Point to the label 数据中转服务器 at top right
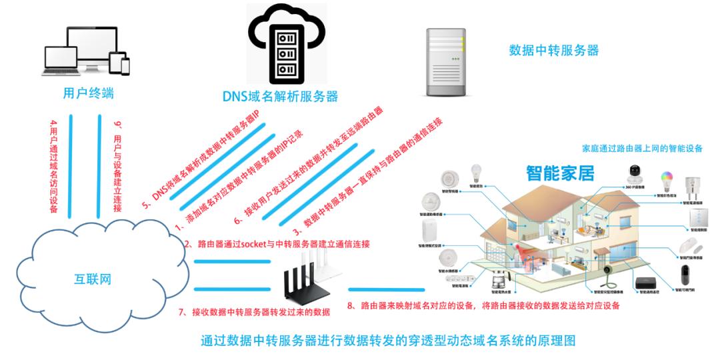[x=553, y=50]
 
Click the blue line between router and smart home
[x=387, y=289]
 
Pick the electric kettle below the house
[x=497, y=279]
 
